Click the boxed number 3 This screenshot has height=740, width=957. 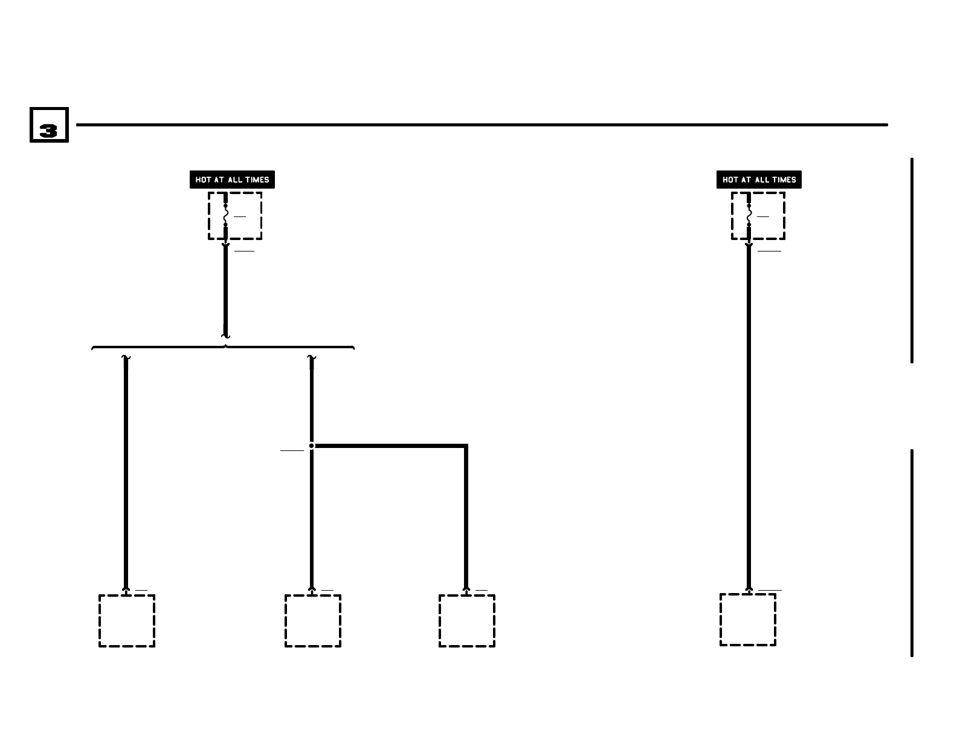[x=49, y=125]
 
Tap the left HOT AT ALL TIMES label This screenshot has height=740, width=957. [x=232, y=180]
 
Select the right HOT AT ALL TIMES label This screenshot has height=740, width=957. [x=759, y=180]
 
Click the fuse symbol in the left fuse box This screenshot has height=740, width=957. [x=225, y=215]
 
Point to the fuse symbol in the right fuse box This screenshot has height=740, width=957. [x=749, y=215]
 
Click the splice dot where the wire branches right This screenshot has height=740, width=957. [x=312, y=446]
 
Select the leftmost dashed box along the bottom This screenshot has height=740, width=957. [x=127, y=621]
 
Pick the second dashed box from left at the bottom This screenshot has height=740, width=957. [x=313, y=621]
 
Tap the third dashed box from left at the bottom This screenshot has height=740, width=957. [x=467, y=621]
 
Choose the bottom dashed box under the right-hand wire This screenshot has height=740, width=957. [x=748, y=620]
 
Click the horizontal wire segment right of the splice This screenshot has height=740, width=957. [x=390, y=446]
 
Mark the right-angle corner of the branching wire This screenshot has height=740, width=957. [x=466, y=447]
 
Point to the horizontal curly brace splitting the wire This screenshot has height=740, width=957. [x=222, y=348]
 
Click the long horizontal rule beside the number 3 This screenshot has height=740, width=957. [x=482, y=125]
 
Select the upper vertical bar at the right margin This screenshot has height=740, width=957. [x=912, y=260]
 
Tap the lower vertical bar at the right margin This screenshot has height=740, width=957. [x=912, y=553]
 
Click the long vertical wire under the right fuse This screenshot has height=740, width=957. [x=749, y=417]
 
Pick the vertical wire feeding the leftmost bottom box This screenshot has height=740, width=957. [x=126, y=472]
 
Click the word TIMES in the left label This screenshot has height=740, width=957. [x=257, y=180]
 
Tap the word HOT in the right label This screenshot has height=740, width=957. [x=730, y=180]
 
